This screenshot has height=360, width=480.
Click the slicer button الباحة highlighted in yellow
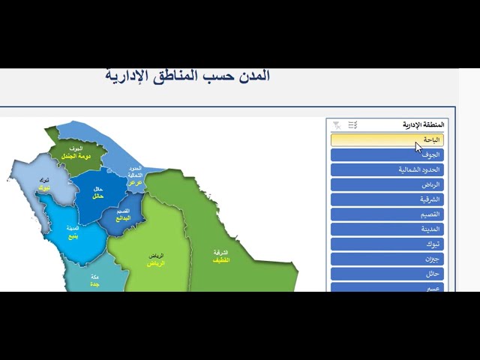click(x=387, y=139)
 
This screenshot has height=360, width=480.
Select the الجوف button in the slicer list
click(x=387, y=154)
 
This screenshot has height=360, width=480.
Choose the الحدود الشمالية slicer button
click(x=387, y=169)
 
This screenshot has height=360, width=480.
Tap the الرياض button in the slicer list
click(x=387, y=184)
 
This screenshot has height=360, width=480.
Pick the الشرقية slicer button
click(x=387, y=199)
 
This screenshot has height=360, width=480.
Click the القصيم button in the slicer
click(x=387, y=214)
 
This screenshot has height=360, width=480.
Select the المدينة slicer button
click(x=387, y=229)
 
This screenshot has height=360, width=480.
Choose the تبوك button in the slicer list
click(x=387, y=244)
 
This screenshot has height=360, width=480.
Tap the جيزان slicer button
click(x=387, y=259)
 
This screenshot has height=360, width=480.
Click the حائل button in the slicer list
click(x=387, y=274)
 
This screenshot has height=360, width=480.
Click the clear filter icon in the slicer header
click(x=337, y=124)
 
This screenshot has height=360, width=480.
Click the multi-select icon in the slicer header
click(x=352, y=124)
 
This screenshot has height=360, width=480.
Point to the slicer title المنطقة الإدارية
click(x=423, y=124)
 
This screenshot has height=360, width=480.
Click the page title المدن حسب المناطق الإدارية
click(x=187, y=76)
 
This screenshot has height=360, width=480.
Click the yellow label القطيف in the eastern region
click(x=220, y=260)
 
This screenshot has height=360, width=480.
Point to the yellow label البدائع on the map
click(x=122, y=218)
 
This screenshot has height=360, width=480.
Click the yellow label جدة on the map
click(x=94, y=284)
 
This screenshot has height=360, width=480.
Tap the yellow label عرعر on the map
click(x=135, y=182)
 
